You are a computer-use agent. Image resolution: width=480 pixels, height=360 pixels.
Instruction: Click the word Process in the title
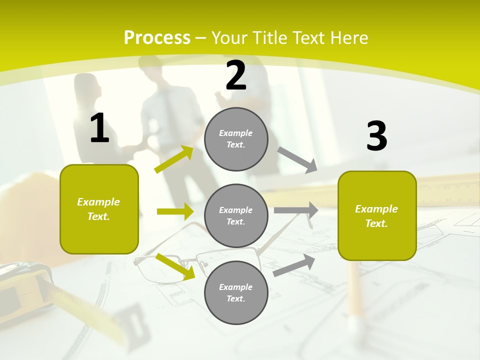point(157,38)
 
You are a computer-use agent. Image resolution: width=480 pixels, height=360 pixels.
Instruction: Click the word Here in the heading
point(348,38)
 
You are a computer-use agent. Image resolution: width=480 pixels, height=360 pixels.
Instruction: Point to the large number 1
point(99,128)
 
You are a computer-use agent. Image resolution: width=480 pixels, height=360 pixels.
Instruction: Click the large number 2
point(236,75)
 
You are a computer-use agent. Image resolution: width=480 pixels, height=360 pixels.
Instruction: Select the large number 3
point(376,136)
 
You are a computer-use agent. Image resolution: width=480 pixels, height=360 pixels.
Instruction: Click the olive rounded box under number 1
point(99,209)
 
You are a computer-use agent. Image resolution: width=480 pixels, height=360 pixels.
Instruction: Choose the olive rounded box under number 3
point(377,215)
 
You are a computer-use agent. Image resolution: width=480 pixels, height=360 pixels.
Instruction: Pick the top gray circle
point(236,139)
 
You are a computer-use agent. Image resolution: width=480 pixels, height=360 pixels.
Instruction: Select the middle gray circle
point(236,215)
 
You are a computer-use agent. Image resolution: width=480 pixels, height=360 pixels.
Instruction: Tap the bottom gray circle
point(236,292)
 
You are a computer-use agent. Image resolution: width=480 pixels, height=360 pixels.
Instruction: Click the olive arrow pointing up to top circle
point(174,159)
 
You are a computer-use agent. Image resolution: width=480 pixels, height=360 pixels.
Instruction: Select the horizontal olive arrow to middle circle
point(175,211)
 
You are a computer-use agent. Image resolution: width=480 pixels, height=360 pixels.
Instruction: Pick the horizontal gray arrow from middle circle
point(295,210)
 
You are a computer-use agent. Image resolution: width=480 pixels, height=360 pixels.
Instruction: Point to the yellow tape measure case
point(25,285)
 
